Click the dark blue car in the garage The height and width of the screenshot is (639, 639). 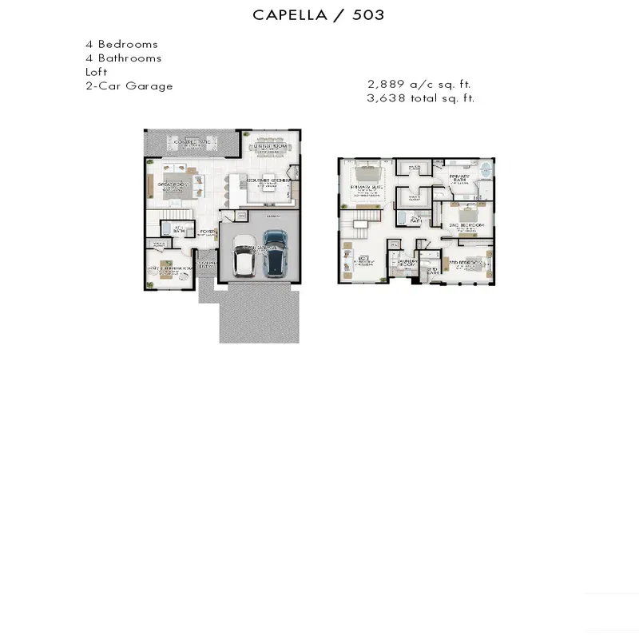pos(274,252)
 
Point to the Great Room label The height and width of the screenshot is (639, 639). pos(172,185)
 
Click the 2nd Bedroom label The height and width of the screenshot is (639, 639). pos(466,226)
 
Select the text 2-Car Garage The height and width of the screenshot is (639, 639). pos(129,86)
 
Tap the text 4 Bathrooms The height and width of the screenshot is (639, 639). pos(123,58)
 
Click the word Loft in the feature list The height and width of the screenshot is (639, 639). pos(97,72)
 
